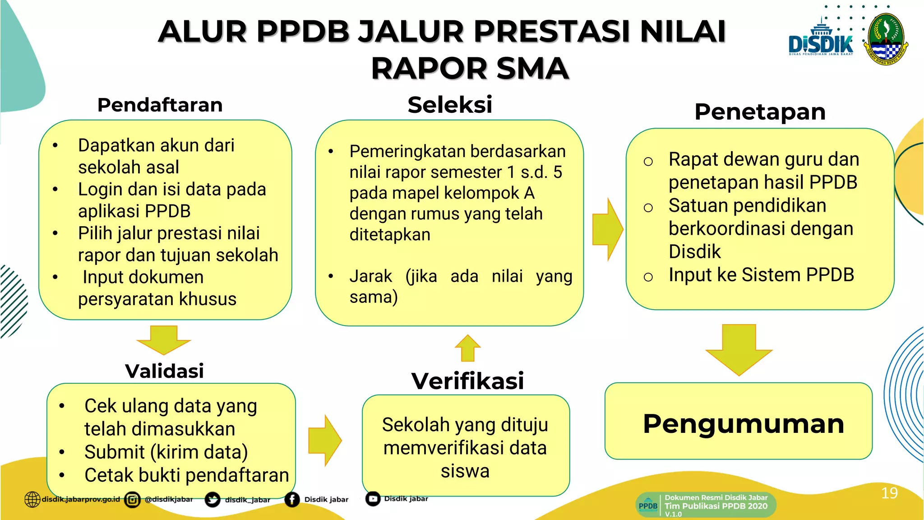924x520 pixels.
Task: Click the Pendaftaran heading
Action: (x=160, y=105)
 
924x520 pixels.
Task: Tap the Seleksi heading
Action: (x=449, y=105)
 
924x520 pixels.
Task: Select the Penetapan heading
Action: (x=760, y=111)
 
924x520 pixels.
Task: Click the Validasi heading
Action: (x=164, y=371)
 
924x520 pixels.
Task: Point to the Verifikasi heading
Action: (x=467, y=381)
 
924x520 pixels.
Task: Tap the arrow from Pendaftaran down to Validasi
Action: (x=163, y=339)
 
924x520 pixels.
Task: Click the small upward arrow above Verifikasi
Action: (x=468, y=348)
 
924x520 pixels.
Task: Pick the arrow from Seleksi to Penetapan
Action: (x=608, y=229)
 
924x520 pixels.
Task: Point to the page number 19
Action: (x=889, y=493)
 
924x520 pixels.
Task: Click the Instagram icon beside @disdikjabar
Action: (x=132, y=500)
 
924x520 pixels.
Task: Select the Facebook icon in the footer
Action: (x=292, y=499)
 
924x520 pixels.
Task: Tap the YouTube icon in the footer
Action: (x=373, y=499)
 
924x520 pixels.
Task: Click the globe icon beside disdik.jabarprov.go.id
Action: (x=32, y=499)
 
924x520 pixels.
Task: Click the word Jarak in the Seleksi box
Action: (x=370, y=276)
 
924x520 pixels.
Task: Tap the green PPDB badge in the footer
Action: (x=648, y=506)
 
